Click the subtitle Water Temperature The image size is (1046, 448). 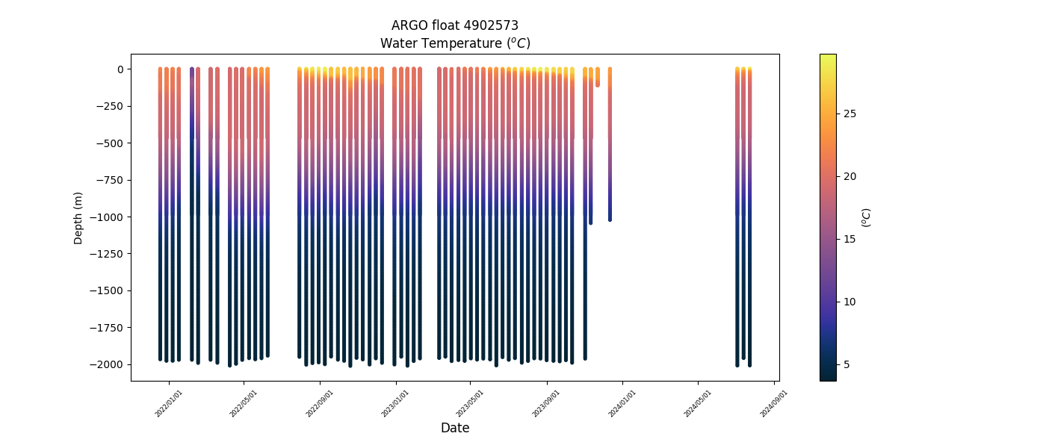click(x=455, y=43)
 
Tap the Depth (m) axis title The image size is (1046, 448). click(x=78, y=217)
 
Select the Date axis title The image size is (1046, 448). click(x=455, y=428)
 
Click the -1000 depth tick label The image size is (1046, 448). click(x=109, y=217)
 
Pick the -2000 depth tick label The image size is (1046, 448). click(x=109, y=364)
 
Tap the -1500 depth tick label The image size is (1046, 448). click(x=109, y=290)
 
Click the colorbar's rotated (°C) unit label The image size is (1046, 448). click(x=867, y=217)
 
